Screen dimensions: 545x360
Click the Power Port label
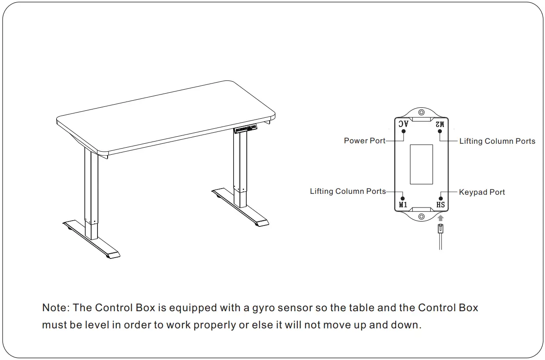tap(365, 141)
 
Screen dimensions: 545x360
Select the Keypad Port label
tap(482, 192)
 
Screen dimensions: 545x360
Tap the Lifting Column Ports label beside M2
tap(497, 141)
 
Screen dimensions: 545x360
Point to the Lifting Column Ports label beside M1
tap(348, 191)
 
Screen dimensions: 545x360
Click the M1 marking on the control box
tap(403, 205)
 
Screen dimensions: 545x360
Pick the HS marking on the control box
tap(440, 205)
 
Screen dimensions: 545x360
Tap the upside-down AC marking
tap(403, 124)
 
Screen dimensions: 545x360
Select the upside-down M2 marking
tap(440, 124)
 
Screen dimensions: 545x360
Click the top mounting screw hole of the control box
tap(421, 112)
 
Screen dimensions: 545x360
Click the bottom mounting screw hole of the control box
tap(421, 216)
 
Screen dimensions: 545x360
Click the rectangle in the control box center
tap(421, 164)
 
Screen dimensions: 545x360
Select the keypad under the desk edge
tap(246, 129)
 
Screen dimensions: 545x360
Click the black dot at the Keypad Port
tap(440, 198)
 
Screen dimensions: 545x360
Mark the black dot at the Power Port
tap(403, 131)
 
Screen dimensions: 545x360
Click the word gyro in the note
tap(264, 308)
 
